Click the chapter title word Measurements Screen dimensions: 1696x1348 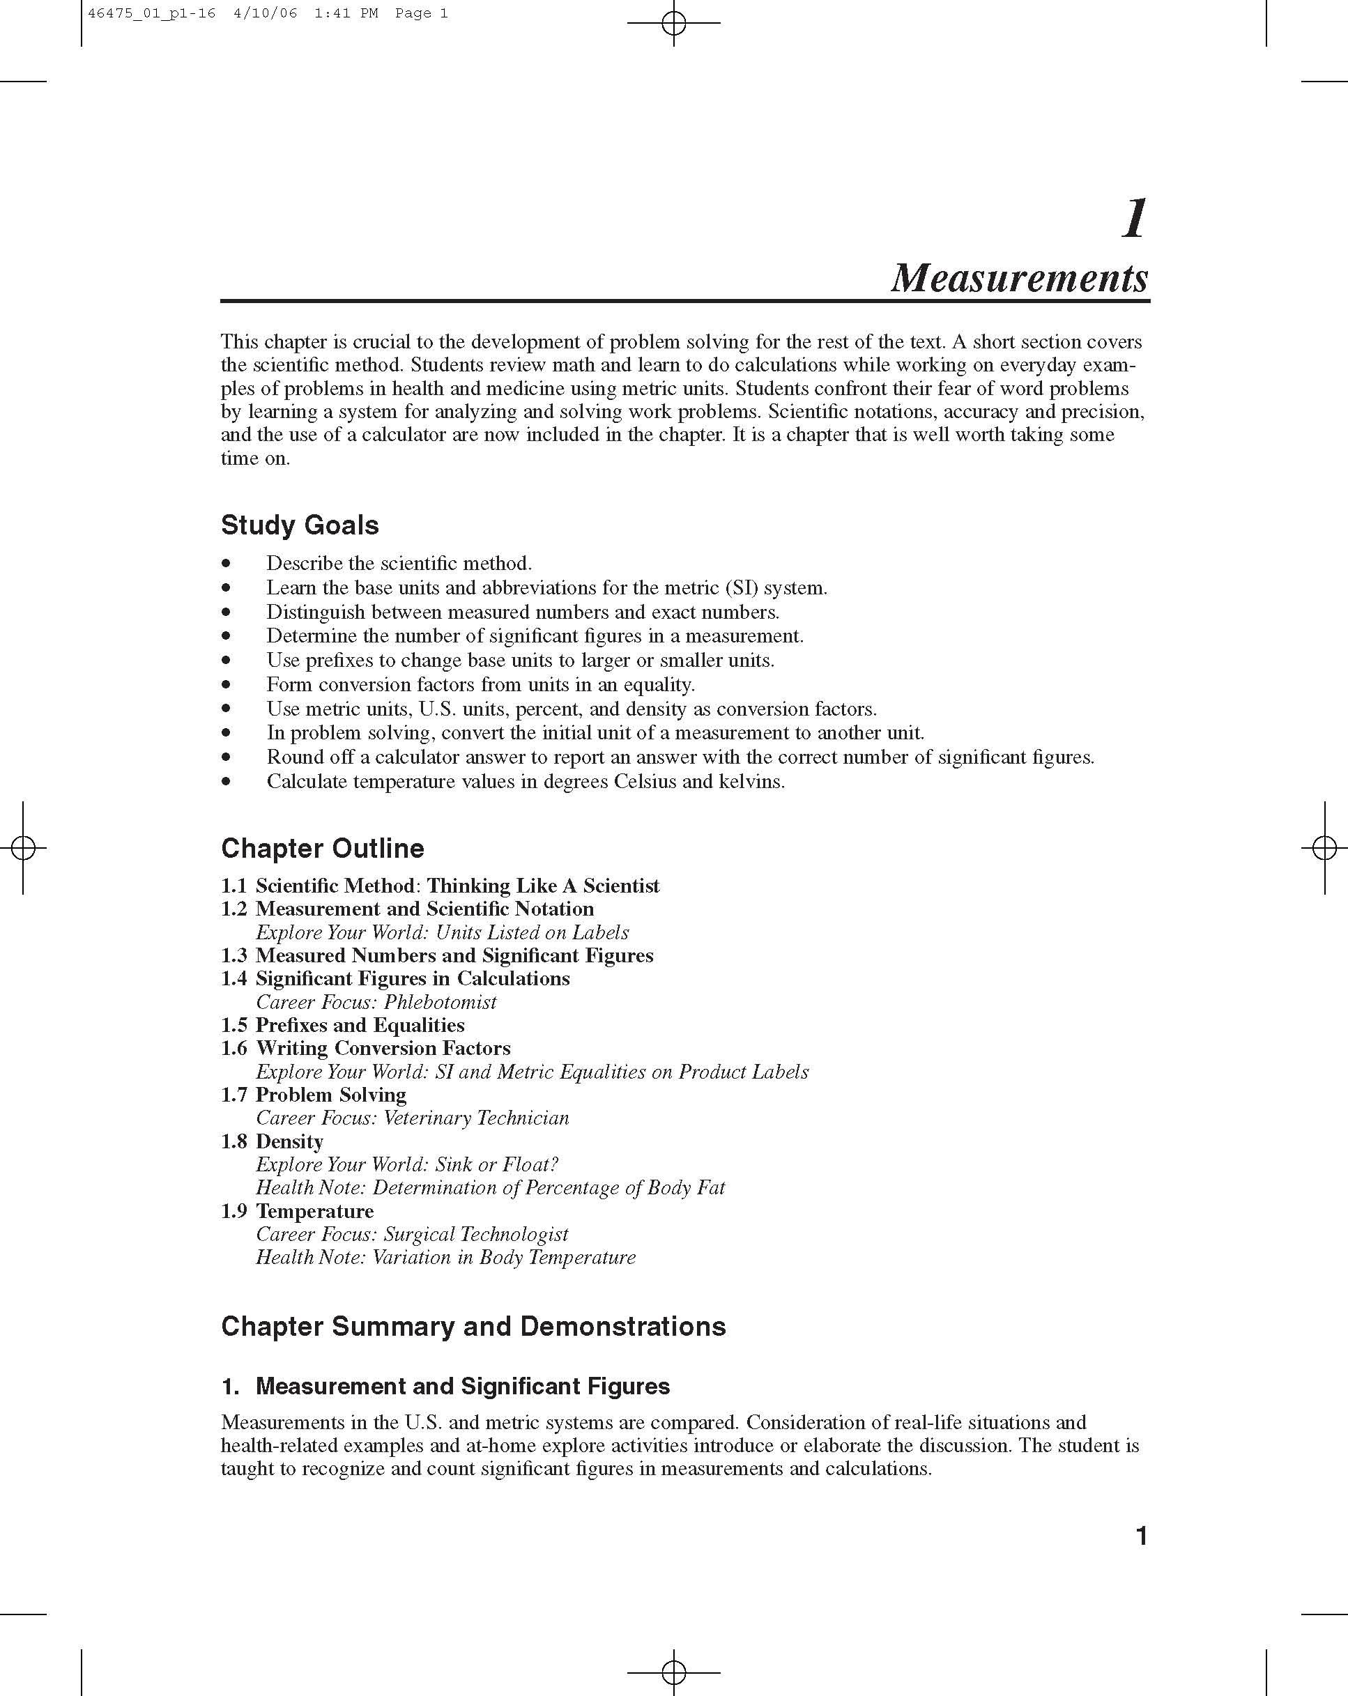(x=1019, y=278)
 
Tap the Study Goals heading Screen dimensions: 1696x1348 (x=300, y=525)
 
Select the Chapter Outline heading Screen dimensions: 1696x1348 (x=322, y=848)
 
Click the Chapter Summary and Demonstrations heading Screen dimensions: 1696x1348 (x=473, y=1326)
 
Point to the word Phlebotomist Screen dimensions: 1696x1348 (x=440, y=1002)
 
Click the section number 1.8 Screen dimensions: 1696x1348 (x=233, y=1141)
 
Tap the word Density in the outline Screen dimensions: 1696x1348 (x=289, y=1141)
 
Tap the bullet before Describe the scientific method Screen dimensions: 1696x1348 (x=227, y=563)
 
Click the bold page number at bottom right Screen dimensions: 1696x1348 (x=1141, y=1536)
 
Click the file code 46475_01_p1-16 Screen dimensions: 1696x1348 (x=152, y=13)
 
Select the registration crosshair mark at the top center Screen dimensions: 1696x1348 (x=673, y=23)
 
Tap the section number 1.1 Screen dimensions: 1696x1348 (x=233, y=886)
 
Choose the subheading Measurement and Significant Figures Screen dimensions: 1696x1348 (x=463, y=1386)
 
